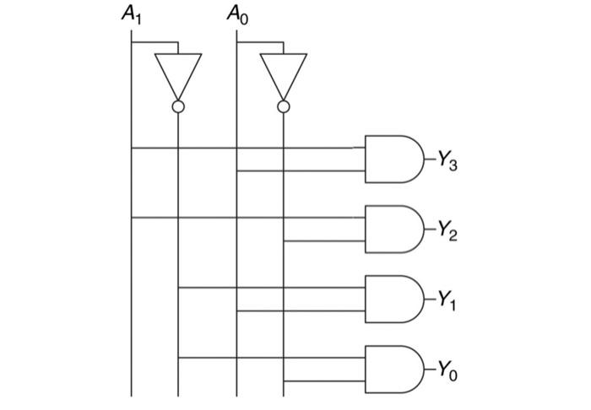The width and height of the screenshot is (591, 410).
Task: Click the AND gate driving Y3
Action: pos(393,159)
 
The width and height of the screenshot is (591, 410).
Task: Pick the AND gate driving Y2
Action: pos(393,229)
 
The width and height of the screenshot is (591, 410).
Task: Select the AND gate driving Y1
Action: pos(393,299)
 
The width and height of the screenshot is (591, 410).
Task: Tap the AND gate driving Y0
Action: pos(393,369)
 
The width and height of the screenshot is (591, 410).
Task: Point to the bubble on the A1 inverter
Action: pos(178,106)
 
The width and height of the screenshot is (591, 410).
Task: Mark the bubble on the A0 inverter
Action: pos(283,106)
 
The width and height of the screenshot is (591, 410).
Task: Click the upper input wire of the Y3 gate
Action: pos(253,148)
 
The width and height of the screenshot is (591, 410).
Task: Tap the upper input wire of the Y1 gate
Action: pos(270,288)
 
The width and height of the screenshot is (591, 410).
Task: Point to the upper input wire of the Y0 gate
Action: pos(270,358)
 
